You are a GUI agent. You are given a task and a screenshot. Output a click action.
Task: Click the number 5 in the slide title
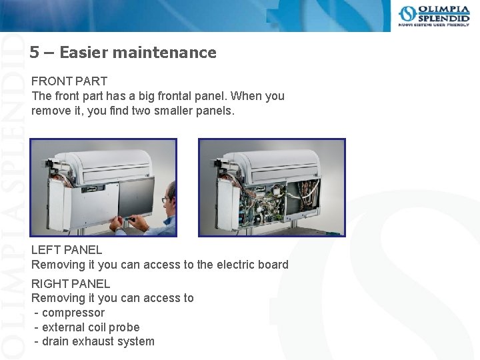(33, 53)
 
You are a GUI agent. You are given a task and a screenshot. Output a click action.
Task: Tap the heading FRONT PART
(69, 81)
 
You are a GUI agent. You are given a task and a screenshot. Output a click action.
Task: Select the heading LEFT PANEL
(67, 250)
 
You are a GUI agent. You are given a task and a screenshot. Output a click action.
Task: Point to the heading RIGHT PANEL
(71, 283)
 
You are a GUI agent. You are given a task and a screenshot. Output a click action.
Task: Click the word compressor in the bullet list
(73, 313)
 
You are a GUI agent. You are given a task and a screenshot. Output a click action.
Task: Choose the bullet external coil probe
(91, 327)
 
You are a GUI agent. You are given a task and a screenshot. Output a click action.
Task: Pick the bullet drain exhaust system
(98, 342)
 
